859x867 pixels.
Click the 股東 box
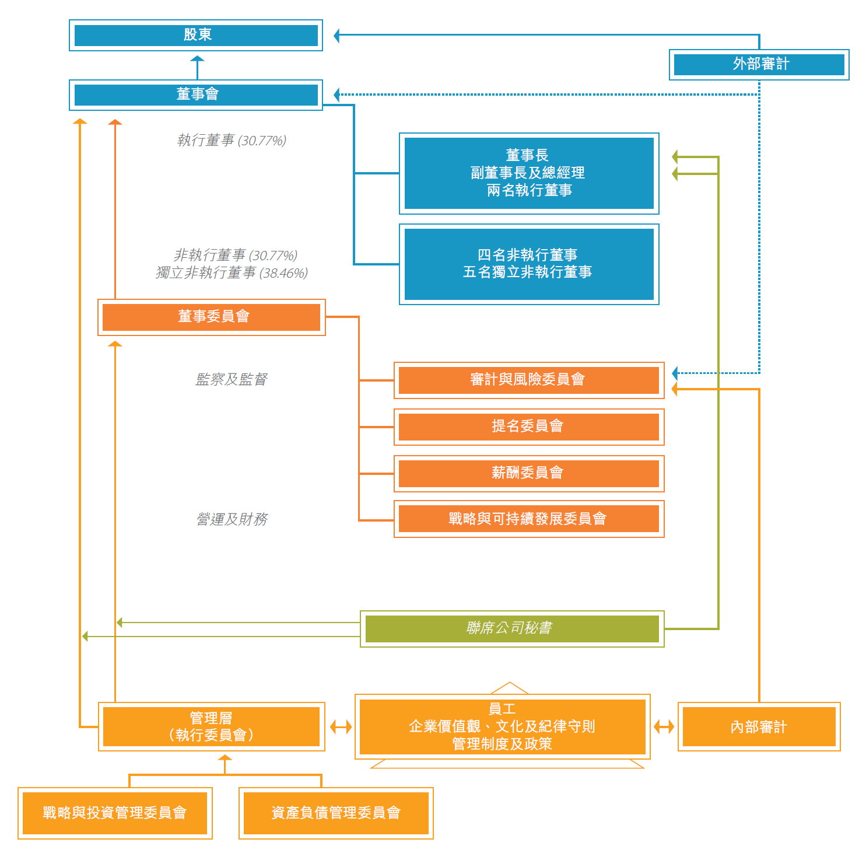(x=196, y=35)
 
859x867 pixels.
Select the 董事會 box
(x=196, y=95)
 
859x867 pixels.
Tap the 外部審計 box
(x=759, y=64)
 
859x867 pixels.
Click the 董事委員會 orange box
(x=212, y=317)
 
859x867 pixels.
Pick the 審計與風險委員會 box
(x=529, y=380)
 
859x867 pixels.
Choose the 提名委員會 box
(x=529, y=426)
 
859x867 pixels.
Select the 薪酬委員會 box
(x=529, y=473)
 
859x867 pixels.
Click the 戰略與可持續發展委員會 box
(x=529, y=519)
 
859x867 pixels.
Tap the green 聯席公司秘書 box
(x=512, y=628)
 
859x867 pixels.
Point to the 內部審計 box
(x=759, y=727)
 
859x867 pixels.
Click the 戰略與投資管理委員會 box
(x=115, y=813)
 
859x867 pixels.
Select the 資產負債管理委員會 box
(x=336, y=813)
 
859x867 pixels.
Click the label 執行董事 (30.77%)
(x=232, y=141)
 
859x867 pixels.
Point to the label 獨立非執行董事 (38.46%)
(x=232, y=273)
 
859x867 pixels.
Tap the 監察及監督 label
(x=232, y=379)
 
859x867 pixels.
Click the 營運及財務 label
(x=232, y=519)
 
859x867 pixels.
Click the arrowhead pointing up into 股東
(x=197, y=59)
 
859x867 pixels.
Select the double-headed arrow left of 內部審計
(x=664, y=727)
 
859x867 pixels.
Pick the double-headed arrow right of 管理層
(x=341, y=727)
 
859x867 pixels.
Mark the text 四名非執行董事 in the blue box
(x=528, y=255)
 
